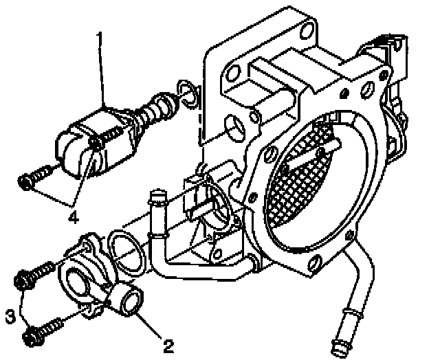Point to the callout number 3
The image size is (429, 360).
tap(10, 316)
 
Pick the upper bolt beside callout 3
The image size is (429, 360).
tap(30, 276)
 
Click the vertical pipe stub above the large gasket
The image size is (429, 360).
tap(157, 202)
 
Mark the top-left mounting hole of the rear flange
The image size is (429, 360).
tap(234, 71)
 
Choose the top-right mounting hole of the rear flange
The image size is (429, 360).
tap(305, 30)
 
